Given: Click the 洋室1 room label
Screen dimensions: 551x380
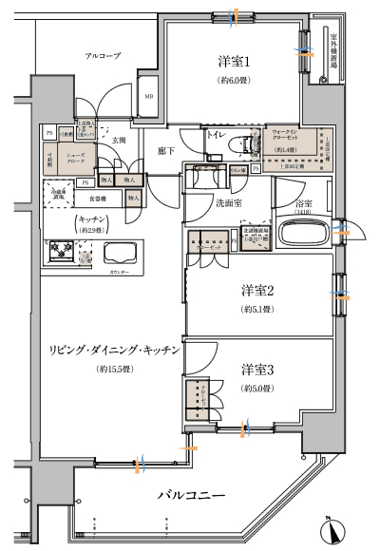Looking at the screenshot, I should (x=234, y=62).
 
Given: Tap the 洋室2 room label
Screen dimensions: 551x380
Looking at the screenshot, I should (x=256, y=291).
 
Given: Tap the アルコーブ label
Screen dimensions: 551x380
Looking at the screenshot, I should (x=102, y=57).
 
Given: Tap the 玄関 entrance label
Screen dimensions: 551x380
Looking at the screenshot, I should (x=119, y=140).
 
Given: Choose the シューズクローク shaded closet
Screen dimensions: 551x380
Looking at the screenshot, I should (x=75, y=159).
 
